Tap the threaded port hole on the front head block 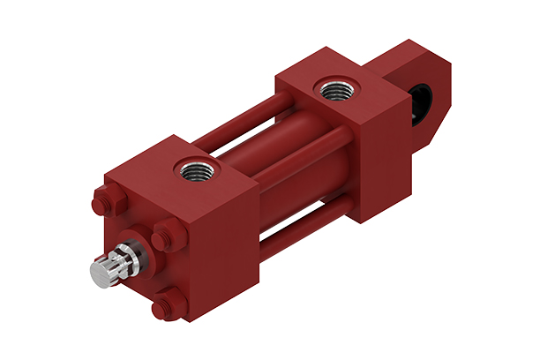(190, 164)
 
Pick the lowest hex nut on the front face (161, 308)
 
